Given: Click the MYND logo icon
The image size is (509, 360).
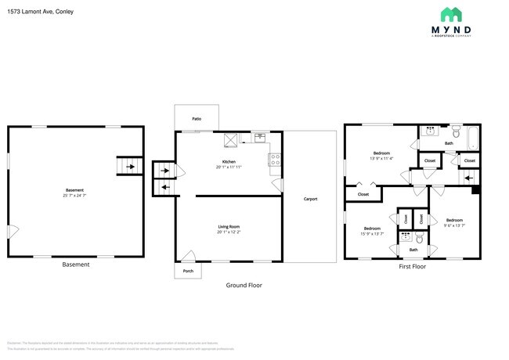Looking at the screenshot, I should [x=450, y=14].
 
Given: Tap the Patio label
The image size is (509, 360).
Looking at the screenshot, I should [x=197, y=119].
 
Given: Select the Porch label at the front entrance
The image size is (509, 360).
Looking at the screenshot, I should [x=188, y=271].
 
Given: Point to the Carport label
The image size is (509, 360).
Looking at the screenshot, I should [x=310, y=199].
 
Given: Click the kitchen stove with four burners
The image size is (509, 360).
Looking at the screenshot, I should [x=275, y=159].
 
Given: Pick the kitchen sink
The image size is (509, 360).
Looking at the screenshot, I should [x=259, y=139].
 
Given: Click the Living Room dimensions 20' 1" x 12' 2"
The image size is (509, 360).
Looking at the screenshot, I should [x=229, y=232].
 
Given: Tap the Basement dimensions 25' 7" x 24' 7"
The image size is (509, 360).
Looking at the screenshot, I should [x=75, y=196].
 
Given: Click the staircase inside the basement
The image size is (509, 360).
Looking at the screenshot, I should [x=128, y=167].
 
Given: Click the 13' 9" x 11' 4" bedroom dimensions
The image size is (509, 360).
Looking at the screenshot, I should [x=383, y=158].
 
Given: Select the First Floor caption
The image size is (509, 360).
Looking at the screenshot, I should [x=412, y=267].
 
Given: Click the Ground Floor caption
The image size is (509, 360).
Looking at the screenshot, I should [x=244, y=286].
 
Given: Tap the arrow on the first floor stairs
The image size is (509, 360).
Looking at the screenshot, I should [x=468, y=178].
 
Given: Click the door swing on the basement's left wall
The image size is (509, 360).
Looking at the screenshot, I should [x=13, y=231].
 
